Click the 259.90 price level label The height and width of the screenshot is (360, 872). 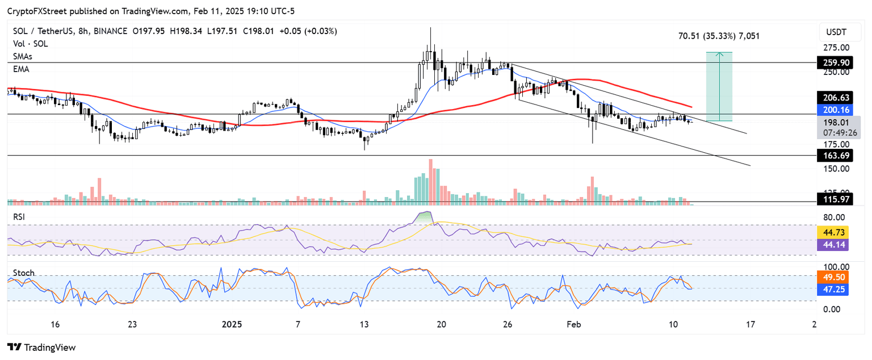click(837, 62)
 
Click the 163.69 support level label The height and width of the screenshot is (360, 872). click(837, 156)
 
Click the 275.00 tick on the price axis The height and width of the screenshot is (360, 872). click(837, 48)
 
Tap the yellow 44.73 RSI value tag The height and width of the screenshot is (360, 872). click(832, 232)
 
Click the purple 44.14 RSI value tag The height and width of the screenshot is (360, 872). click(832, 245)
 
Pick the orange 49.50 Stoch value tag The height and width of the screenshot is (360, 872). click(832, 277)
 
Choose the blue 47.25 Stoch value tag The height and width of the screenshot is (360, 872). click(832, 289)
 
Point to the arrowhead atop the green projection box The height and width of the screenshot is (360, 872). click(719, 54)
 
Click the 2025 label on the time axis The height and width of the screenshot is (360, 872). click(231, 325)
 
